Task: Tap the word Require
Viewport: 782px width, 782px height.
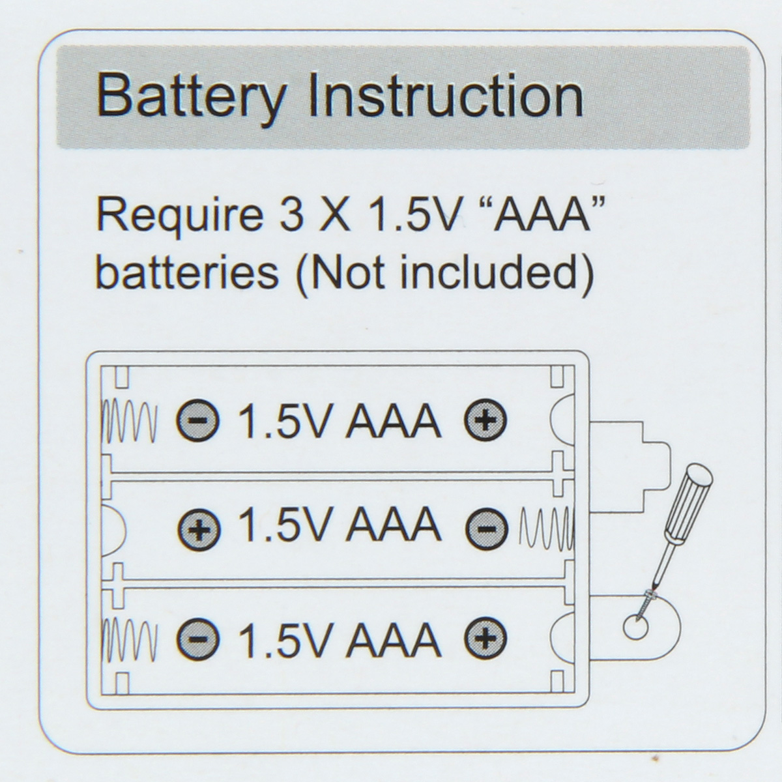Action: click(175, 215)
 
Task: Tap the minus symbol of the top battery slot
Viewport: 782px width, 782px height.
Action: click(198, 421)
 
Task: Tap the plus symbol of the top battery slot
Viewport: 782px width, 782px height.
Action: click(485, 421)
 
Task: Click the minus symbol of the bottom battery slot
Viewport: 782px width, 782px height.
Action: click(198, 637)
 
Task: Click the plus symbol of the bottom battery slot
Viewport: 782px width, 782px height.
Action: click(485, 637)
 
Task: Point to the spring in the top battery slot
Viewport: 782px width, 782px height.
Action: click(130, 421)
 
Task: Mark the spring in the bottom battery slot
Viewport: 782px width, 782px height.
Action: click(130, 637)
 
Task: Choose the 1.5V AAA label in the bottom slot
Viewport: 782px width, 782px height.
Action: click(339, 639)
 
